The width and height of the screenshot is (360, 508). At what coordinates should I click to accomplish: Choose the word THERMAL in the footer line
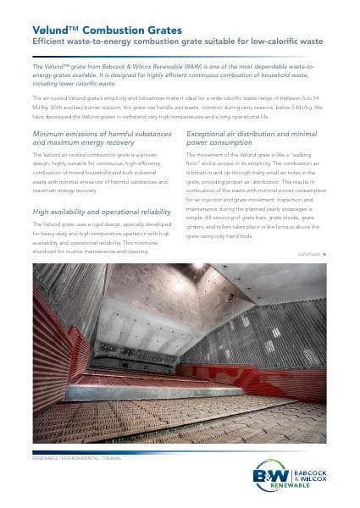[x=111, y=457]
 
